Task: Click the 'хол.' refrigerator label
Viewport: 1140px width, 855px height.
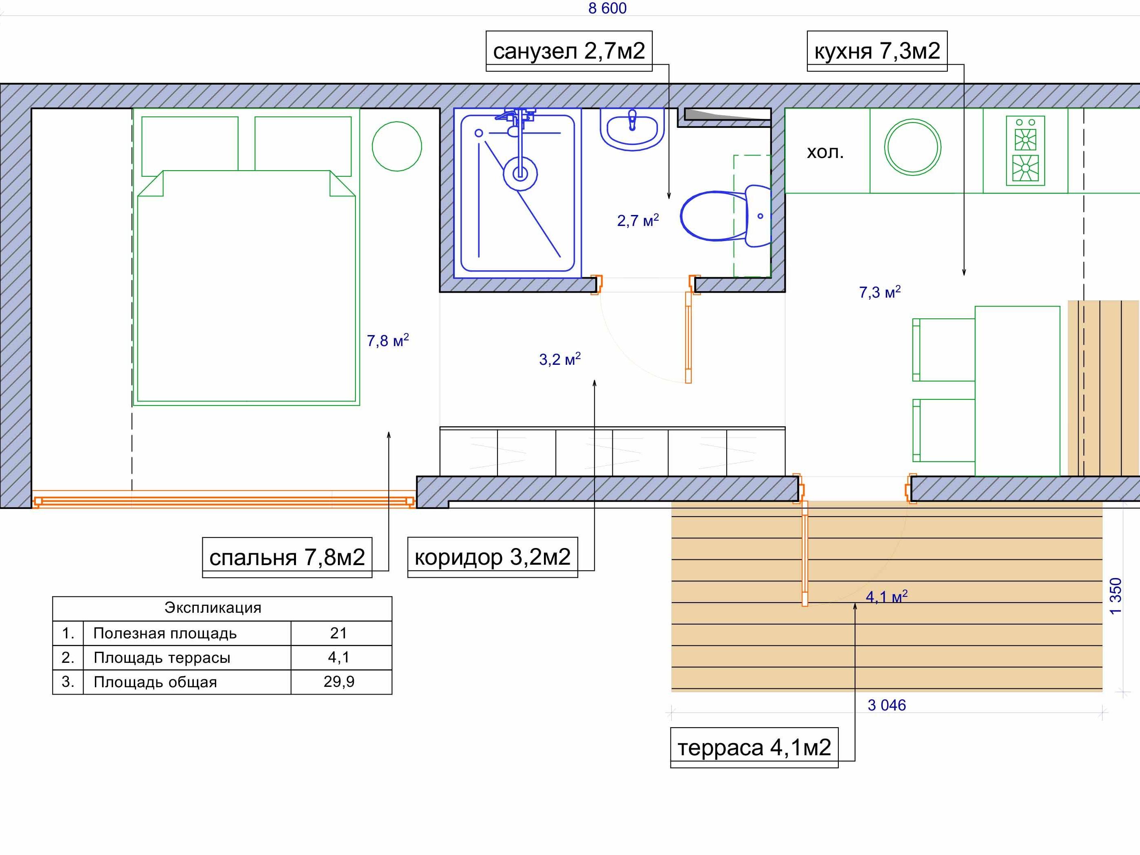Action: (x=825, y=153)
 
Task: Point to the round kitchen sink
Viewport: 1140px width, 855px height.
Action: (x=912, y=147)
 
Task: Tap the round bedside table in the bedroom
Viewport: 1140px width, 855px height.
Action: (x=397, y=146)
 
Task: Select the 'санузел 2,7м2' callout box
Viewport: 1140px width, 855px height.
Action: (x=569, y=51)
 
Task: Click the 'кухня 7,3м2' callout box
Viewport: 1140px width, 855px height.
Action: (x=877, y=51)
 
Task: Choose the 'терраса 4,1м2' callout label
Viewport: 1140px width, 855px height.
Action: (x=754, y=748)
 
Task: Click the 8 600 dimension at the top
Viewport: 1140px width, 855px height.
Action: (x=607, y=8)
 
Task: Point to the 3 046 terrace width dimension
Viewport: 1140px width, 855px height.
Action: (x=886, y=705)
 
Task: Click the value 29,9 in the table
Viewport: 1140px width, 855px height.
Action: (x=339, y=682)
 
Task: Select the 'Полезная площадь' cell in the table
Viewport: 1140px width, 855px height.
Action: (x=165, y=634)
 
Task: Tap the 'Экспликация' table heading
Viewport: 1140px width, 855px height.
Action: (x=213, y=608)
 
